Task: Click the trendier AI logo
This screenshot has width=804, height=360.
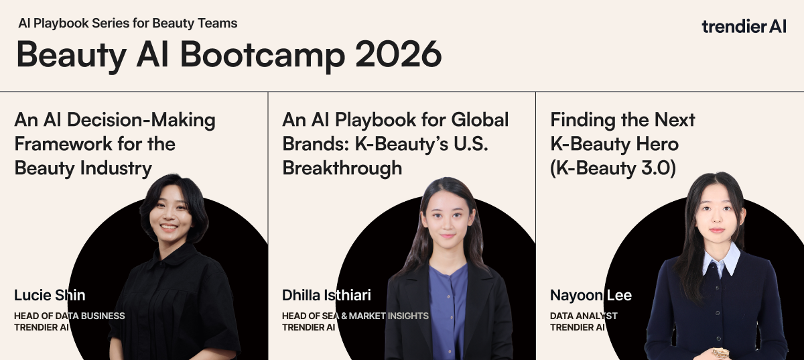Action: [744, 27]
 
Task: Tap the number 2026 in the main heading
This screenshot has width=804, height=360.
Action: [399, 54]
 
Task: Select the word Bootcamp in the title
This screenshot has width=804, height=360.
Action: [263, 56]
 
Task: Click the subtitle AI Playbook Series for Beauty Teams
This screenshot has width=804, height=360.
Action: [128, 23]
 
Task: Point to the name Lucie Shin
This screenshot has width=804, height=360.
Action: [50, 296]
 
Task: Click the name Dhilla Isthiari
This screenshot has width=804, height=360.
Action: [326, 296]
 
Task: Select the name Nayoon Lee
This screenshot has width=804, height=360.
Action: [591, 296]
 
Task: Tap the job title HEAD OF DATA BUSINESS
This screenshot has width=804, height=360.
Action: [70, 316]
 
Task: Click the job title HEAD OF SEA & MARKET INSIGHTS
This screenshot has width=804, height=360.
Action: [355, 316]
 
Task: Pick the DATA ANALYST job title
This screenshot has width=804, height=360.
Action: [584, 316]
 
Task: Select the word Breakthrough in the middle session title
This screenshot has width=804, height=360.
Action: [342, 168]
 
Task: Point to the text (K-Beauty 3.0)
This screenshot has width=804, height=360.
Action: [613, 168]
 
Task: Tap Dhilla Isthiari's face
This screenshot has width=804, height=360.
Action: [448, 218]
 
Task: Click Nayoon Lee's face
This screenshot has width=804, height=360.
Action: [717, 214]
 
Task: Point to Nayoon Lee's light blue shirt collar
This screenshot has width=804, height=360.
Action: [722, 259]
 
